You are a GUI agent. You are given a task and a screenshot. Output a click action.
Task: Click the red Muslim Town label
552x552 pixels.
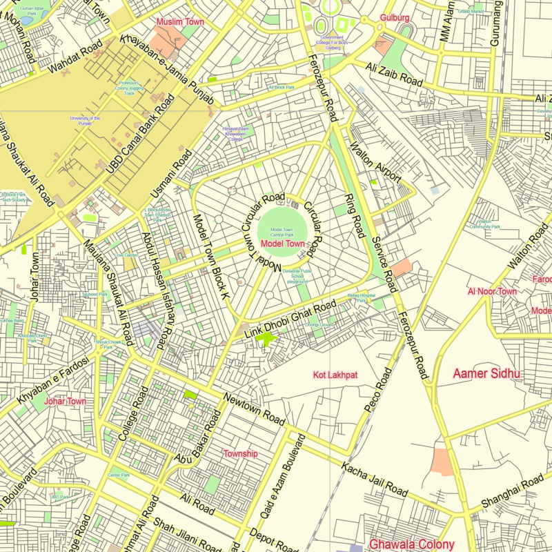180,22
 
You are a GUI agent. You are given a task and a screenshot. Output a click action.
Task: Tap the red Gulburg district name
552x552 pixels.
395,17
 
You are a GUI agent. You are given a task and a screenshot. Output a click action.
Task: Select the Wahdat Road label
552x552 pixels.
76,61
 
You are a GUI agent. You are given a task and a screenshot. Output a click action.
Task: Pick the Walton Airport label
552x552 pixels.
375,163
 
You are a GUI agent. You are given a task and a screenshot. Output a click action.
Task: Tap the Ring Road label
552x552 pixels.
354,216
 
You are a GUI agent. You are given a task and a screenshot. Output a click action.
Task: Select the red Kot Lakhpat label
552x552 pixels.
335,375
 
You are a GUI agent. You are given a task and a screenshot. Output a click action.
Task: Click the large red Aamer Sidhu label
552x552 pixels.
486,374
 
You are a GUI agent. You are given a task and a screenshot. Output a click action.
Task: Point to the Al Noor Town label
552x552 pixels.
491,292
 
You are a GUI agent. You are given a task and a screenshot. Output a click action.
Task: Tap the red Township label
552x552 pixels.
240,454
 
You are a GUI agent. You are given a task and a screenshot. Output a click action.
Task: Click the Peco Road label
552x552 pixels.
378,391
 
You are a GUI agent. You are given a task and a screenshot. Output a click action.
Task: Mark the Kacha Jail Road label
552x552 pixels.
374,480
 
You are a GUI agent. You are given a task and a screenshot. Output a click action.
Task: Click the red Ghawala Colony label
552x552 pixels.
412,544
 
